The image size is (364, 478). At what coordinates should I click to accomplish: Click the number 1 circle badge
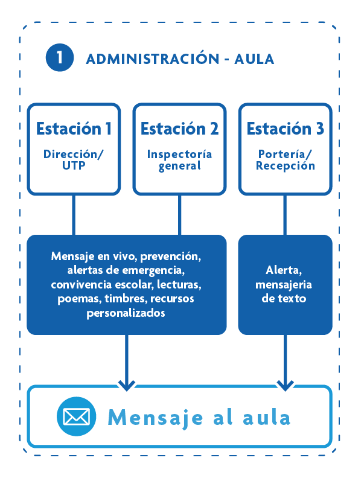[59, 58]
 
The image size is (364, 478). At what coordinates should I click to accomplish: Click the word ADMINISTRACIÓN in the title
[152, 59]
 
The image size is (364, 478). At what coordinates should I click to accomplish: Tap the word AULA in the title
[255, 59]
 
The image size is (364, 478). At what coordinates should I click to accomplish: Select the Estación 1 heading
[74, 129]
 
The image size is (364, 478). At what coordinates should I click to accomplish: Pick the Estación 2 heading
[179, 129]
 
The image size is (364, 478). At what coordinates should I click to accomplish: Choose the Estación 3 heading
[285, 129]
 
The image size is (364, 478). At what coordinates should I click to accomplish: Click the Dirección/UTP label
[74, 160]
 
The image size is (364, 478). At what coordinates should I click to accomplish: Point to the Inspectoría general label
[179, 160]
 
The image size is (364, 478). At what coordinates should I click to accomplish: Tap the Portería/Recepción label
[285, 160]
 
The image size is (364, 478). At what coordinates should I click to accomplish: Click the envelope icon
[77, 416]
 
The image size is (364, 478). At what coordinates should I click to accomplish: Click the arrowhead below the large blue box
[127, 383]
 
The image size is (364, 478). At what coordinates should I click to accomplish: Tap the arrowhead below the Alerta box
[285, 383]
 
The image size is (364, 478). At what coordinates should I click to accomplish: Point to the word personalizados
[126, 313]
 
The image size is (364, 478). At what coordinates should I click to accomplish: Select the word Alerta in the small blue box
[284, 270]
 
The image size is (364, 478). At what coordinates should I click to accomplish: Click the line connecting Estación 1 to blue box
[74, 215]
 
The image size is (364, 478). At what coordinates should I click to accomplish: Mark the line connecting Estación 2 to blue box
[179, 215]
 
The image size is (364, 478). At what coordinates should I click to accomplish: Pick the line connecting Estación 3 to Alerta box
[285, 215]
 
